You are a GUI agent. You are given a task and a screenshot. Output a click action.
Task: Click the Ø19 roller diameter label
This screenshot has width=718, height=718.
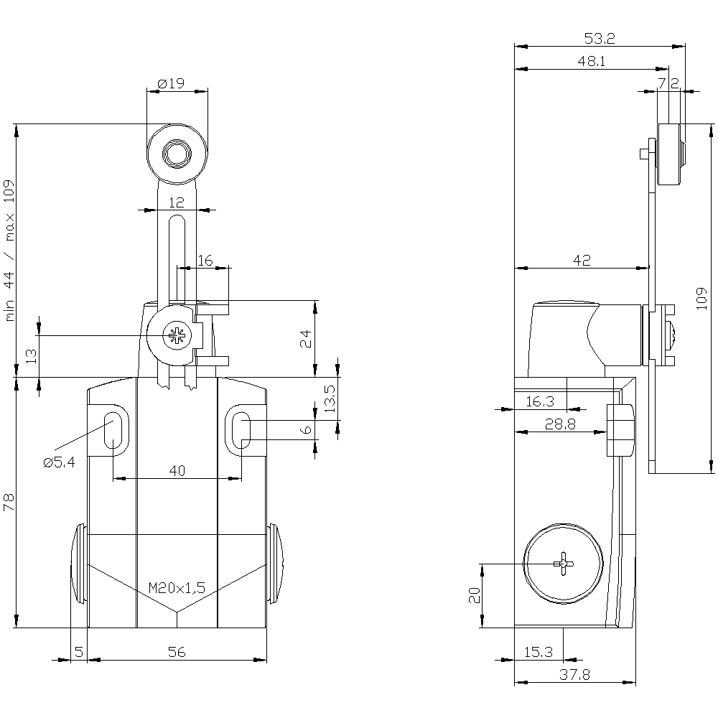click(169, 83)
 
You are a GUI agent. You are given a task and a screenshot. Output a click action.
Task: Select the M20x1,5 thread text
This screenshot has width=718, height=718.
click(177, 588)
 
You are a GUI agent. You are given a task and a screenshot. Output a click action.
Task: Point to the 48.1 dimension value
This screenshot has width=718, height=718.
click(592, 62)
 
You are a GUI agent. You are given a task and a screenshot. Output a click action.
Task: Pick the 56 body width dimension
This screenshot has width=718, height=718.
click(177, 652)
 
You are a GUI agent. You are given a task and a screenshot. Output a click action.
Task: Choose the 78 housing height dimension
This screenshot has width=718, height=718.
click(9, 502)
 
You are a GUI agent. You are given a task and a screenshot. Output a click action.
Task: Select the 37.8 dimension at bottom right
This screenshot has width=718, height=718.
click(576, 675)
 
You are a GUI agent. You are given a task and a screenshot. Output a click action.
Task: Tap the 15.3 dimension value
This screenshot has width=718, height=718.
click(538, 652)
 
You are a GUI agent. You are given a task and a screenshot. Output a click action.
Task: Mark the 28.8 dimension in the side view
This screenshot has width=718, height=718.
click(560, 424)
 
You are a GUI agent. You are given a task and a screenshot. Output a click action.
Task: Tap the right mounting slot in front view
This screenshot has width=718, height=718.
click(243, 429)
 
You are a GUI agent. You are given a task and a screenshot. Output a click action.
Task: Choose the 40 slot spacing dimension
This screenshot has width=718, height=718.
click(177, 471)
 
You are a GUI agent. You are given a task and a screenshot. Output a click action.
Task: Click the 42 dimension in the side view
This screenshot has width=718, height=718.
click(582, 261)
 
